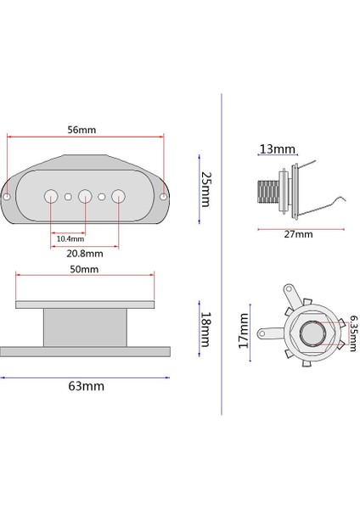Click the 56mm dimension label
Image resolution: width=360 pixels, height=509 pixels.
(82, 130)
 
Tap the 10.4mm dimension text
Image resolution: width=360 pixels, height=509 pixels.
(70, 239)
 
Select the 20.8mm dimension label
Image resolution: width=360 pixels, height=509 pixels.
(85, 254)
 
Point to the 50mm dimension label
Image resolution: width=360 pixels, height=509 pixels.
(84, 270)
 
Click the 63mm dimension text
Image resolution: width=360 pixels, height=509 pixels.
(86, 386)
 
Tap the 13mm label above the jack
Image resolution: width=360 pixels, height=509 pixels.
(277, 149)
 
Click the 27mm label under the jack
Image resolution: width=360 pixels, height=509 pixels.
(298, 234)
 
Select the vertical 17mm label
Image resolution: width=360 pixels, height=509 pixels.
(244, 331)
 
